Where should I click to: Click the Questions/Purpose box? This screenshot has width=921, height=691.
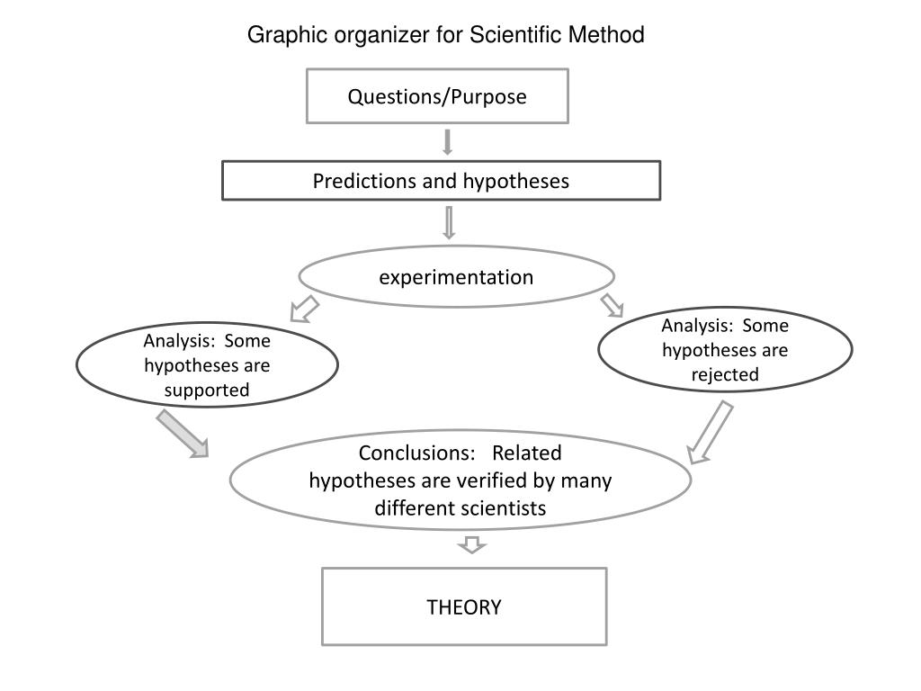(x=437, y=96)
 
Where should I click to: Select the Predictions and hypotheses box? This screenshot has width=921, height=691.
(x=441, y=181)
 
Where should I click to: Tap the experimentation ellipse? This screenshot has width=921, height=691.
(x=456, y=277)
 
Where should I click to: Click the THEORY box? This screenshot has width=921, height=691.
(x=464, y=606)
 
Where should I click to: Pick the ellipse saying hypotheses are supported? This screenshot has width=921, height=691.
(x=207, y=365)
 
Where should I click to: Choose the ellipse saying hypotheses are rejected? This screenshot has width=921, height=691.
(x=725, y=350)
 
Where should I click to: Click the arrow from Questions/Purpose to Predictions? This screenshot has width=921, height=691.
(x=447, y=142)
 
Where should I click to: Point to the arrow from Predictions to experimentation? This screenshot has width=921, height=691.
(x=449, y=222)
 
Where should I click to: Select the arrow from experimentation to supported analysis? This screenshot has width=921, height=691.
(x=304, y=309)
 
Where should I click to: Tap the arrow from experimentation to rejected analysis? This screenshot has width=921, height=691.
(x=613, y=304)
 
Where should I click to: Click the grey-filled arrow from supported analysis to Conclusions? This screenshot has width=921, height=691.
(x=182, y=433)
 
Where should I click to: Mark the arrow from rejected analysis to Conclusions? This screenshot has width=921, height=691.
(x=711, y=432)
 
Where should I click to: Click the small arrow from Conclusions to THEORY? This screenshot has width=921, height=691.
(x=471, y=543)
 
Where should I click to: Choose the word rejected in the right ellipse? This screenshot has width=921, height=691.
(x=725, y=374)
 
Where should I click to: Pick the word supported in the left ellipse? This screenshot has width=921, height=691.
(x=207, y=390)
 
